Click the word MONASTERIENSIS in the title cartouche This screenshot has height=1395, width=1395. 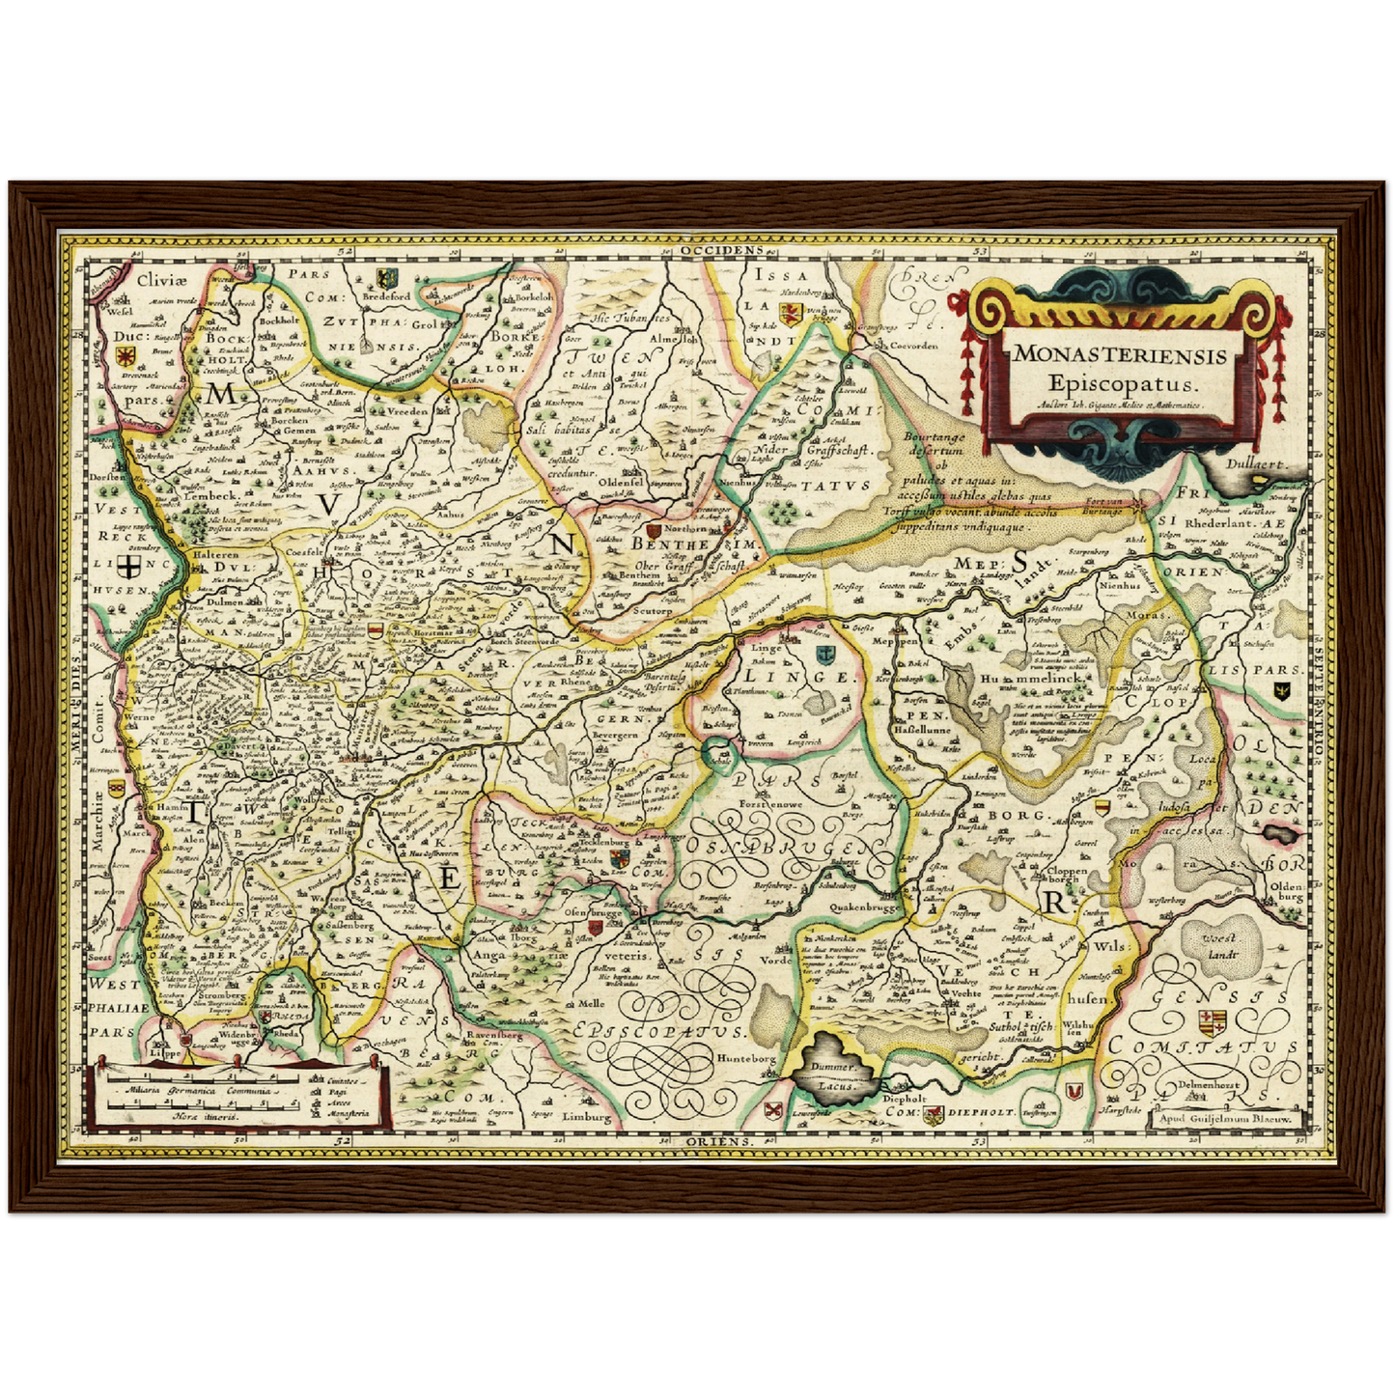tap(1120, 354)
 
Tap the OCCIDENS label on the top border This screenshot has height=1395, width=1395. tap(721, 249)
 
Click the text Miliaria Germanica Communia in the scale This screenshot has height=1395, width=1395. tap(195, 1089)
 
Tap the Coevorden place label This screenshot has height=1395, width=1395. tap(912, 345)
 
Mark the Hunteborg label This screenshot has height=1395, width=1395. tap(745, 1058)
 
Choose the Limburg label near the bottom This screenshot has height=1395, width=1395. tap(587, 1117)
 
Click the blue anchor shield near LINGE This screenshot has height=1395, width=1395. tap(823, 656)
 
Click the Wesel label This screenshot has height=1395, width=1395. tap(119, 312)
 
